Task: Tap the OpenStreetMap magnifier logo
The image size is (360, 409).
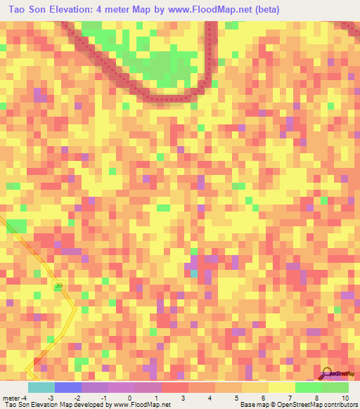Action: click(328, 374)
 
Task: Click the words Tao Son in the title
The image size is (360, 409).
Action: click(29, 10)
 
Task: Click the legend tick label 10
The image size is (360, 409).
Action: click(345, 398)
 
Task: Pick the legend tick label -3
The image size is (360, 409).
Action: click(51, 398)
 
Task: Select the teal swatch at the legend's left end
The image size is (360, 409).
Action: click(41, 387)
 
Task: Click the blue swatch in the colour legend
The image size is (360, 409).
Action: click(67, 387)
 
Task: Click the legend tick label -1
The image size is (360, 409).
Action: click(103, 398)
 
